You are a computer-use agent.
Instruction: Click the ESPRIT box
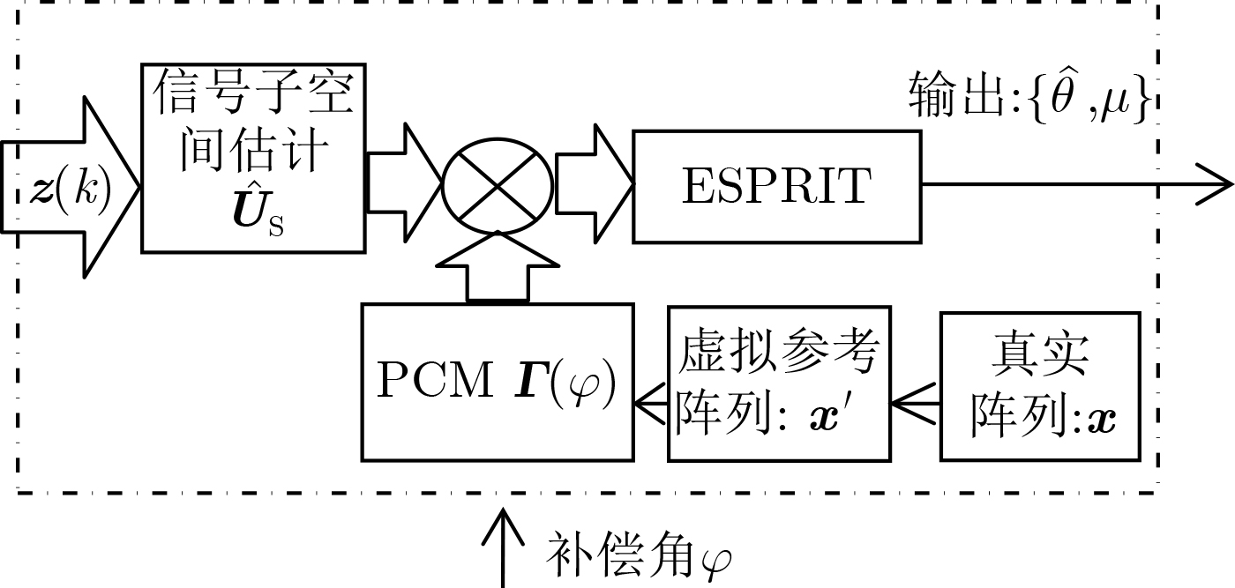coord(776,186)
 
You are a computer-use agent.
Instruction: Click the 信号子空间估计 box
coord(253,158)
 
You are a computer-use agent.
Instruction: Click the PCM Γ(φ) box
coord(498,382)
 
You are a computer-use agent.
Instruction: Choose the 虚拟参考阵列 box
coord(779,383)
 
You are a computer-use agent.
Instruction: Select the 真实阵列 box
coord(1040,385)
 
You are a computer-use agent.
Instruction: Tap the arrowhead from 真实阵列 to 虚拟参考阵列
coord(909,406)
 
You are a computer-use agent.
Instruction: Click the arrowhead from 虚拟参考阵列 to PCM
coord(649,406)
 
